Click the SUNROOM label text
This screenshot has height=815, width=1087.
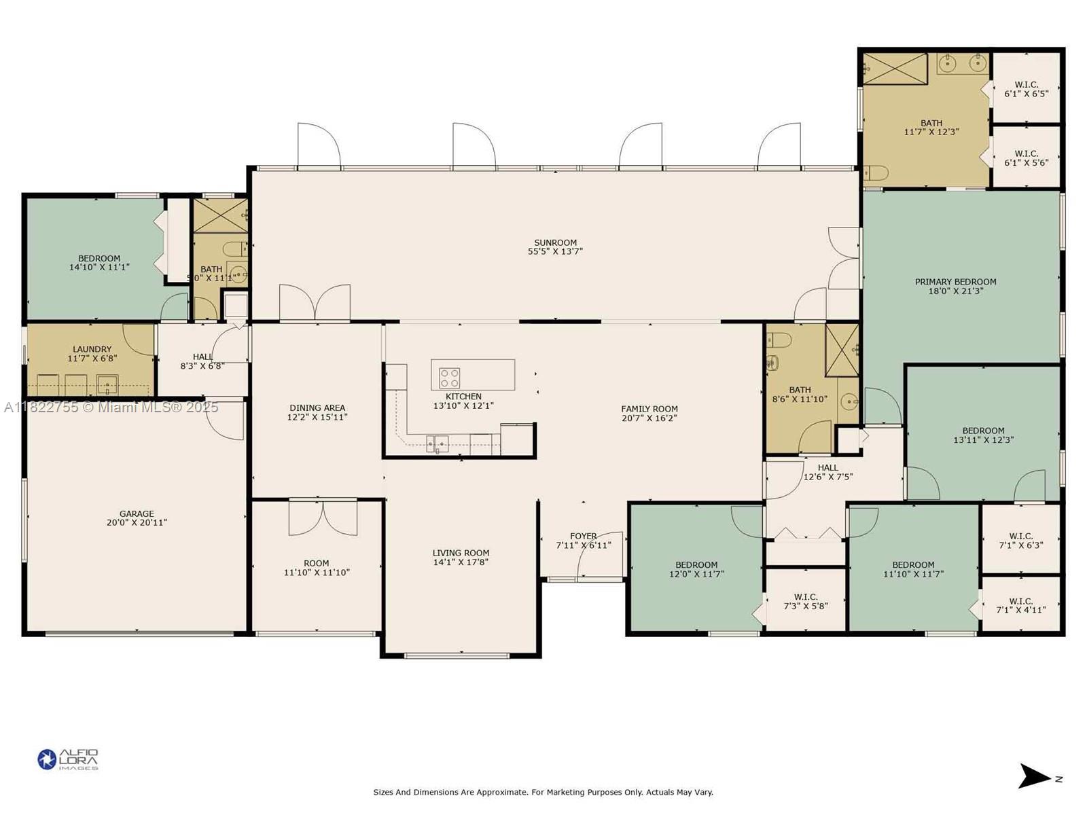tap(555, 242)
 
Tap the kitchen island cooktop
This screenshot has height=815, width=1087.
tap(450, 378)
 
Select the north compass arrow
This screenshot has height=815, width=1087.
tap(1035, 776)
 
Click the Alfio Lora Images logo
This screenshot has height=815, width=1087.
tap(68, 759)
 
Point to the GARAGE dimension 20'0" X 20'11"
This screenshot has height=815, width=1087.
tap(137, 523)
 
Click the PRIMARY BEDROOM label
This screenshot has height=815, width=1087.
tap(955, 282)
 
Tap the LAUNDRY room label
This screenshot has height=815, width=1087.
tap(92, 349)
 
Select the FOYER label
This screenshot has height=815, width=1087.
tap(583, 536)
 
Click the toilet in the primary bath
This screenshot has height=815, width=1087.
tap(876, 174)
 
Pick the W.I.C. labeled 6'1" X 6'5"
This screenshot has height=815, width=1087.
tap(1026, 89)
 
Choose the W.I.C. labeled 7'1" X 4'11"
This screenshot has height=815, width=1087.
tap(1020, 606)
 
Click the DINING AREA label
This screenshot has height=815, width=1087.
tap(317, 408)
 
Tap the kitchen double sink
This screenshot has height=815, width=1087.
tap(437, 444)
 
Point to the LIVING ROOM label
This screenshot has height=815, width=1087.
tap(461, 553)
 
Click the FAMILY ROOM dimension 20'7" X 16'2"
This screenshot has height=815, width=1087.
tap(649, 418)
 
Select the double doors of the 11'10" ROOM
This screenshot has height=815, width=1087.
tap(323, 518)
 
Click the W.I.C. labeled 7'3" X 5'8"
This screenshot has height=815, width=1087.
tap(806, 601)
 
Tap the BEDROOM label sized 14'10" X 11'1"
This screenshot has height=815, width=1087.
tap(99, 258)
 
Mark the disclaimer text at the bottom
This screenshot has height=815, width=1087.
tap(543, 792)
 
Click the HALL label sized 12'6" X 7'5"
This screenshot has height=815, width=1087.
tap(827, 467)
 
